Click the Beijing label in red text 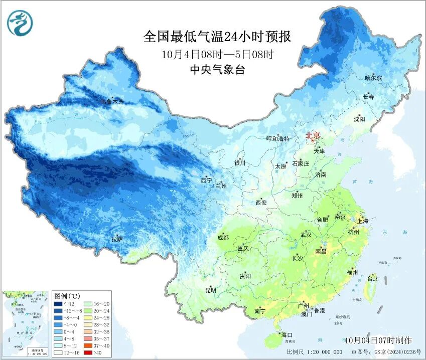pos(314,135)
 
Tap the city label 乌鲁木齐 pos(111,102)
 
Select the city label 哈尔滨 pos(373,78)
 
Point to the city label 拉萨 pos(117,240)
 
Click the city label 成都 pos(223,237)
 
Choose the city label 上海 pos(362,221)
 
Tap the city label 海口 pos(287,334)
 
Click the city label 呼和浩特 pos(277,139)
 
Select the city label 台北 pos(373,278)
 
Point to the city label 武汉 pos(306,235)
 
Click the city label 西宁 pos(206,179)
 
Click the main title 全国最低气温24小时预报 pos(217,37)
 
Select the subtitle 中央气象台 pos(217,70)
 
